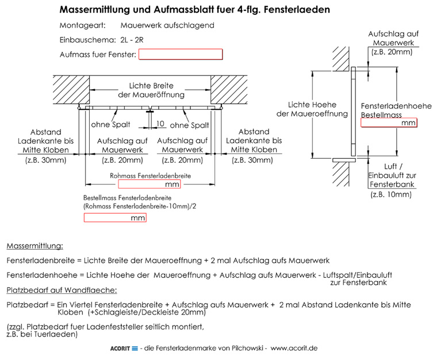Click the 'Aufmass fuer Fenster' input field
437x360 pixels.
(181, 54)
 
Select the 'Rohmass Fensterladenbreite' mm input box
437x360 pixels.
(149, 184)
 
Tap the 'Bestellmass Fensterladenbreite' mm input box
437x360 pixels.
(115, 217)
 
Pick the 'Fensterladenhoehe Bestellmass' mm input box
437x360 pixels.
(389, 122)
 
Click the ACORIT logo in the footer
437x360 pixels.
(124, 348)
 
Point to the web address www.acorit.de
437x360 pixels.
(294, 348)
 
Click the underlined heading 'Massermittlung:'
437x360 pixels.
(35, 246)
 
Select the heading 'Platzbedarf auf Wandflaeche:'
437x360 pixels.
(62, 290)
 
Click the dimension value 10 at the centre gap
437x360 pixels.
(160, 124)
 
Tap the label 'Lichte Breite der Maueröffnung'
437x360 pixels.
(151, 90)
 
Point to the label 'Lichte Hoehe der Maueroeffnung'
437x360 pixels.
(312, 109)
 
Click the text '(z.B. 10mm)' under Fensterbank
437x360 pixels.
(391, 194)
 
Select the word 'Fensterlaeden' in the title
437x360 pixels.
(297, 9)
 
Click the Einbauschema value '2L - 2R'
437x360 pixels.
(132, 40)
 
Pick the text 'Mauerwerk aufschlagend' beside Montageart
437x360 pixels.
(167, 25)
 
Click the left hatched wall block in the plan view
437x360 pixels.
(71, 90)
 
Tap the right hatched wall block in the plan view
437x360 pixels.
(229, 90)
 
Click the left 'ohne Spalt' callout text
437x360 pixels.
(110, 125)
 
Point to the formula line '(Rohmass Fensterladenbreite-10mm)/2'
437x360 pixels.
(140, 206)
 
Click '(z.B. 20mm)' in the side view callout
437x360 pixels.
(392, 52)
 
